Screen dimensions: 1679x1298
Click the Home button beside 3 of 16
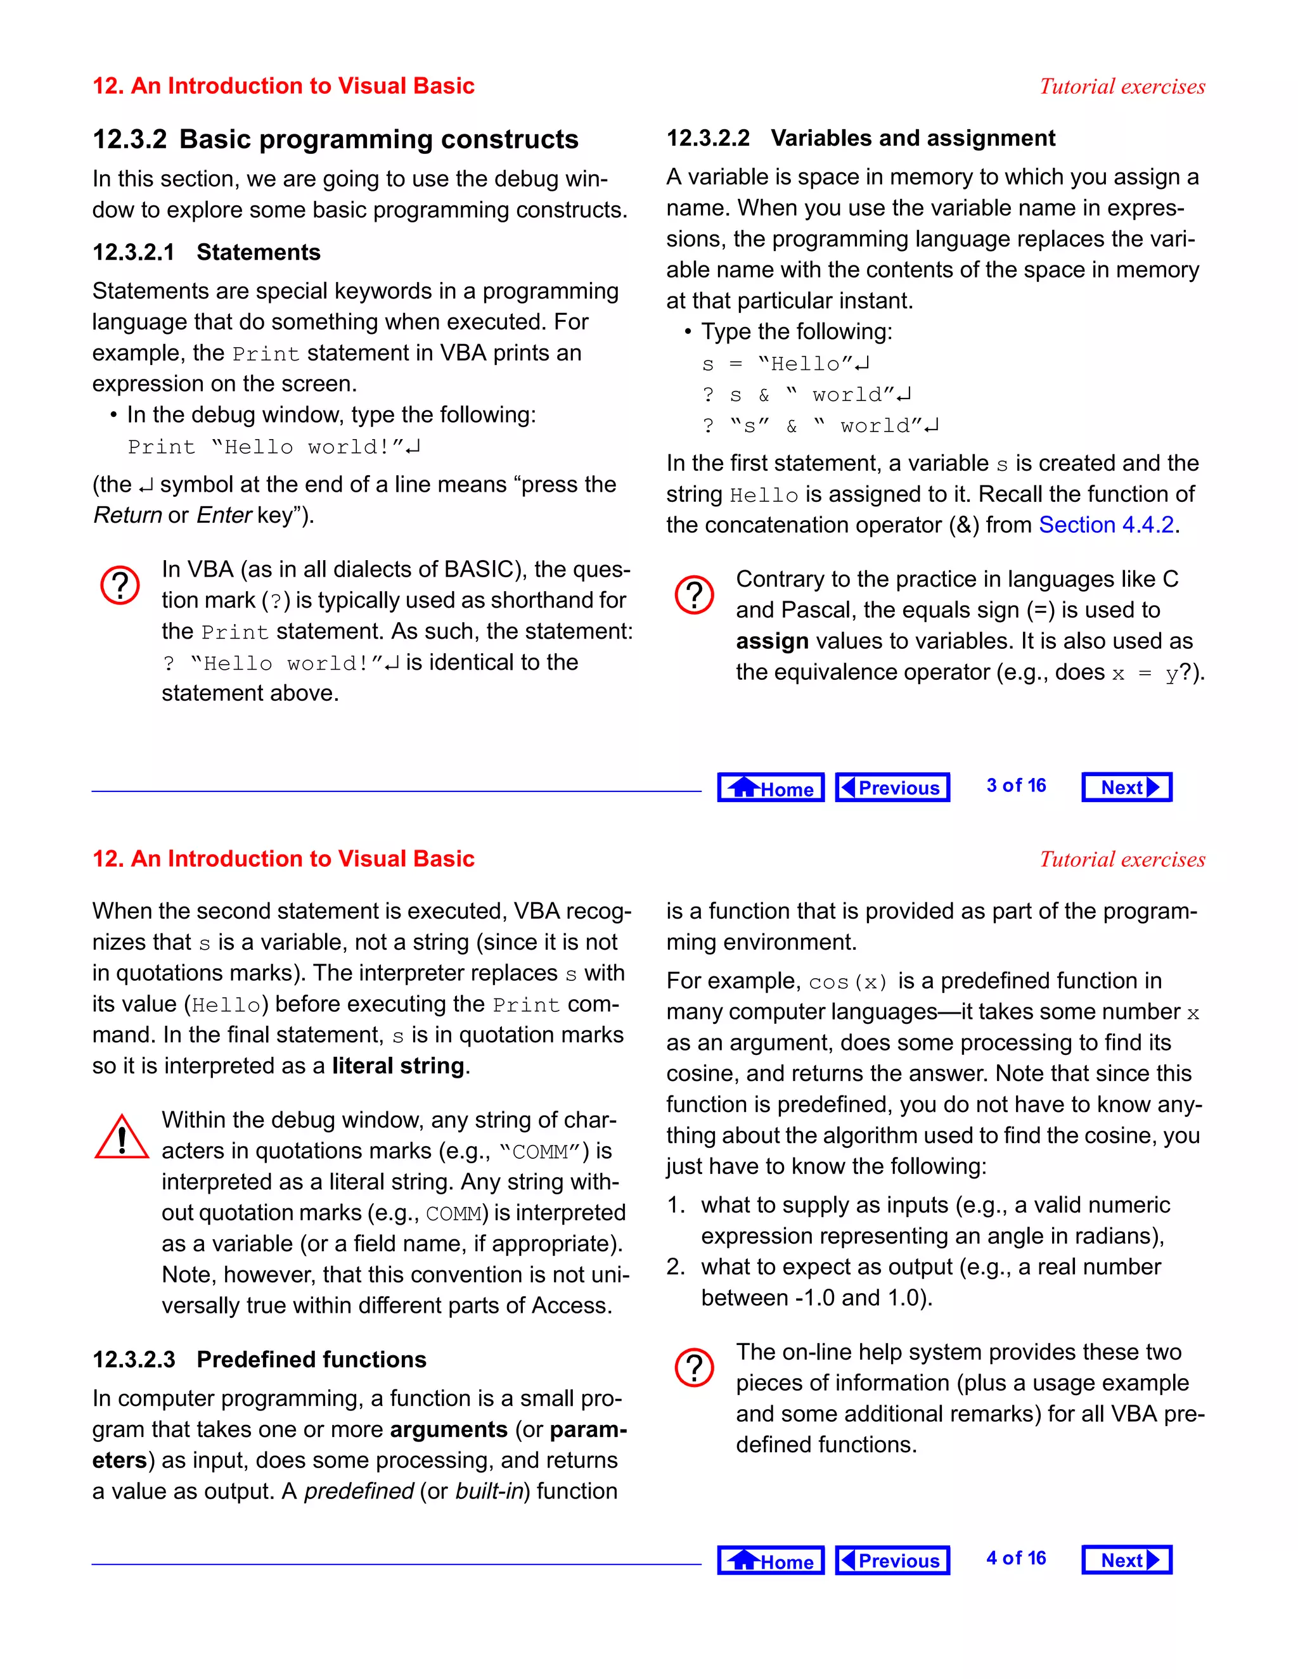771,787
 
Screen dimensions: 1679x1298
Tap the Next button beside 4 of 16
1126,1560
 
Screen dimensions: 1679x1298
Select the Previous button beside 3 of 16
892,787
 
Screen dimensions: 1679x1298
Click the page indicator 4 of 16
1016,1559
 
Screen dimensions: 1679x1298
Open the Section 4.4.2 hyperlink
1106,525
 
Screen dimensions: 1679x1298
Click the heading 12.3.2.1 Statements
206,252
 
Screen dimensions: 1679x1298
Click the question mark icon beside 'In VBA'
120,586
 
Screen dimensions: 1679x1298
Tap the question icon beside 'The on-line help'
695,1369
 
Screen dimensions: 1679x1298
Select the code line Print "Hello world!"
273,447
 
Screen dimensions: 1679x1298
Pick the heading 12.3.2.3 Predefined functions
259,1359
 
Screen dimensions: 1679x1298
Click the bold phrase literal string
398,1066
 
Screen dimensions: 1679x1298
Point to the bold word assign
771,641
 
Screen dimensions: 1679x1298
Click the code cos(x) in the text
848,981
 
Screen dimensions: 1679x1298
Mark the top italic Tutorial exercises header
1122,86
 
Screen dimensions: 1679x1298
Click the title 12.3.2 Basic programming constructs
335,140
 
